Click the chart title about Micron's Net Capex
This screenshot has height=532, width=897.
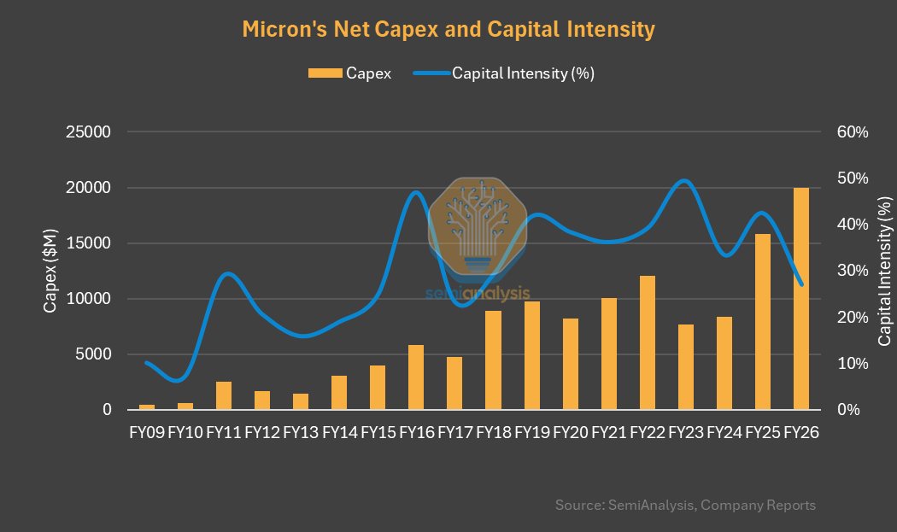[448, 30]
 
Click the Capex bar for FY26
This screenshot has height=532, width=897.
[801, 299]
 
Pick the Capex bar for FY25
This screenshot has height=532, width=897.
[763, 322]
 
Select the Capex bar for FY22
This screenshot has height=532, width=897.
[648, 342]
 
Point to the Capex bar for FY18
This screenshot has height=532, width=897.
[493, 360]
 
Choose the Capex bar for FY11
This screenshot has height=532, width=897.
[224, 395]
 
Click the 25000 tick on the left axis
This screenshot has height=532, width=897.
[91, 132]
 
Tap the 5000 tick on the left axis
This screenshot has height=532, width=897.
[95, 354]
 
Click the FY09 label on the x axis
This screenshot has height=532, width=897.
[147, 433]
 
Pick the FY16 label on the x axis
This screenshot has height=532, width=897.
[416, 433]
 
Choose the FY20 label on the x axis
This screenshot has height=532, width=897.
[570, 433]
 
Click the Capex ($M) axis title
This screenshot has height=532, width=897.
[50, 271]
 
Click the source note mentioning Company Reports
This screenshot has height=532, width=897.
[685, 506]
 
